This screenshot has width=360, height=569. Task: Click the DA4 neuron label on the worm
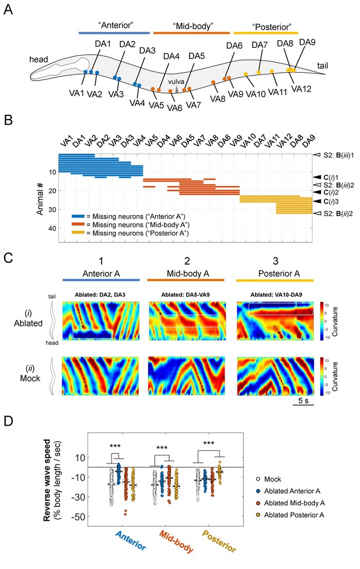pyautogui.click(x=171, y=57)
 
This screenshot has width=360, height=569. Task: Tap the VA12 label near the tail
pyautogui.click(x=301, y=89)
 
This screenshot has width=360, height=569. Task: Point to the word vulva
pyautogui.click(x=176, y=82)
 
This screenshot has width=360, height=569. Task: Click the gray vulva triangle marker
pyautogui.click(x=176, y=89)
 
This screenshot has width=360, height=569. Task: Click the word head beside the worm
pyautogui.click(x=39, y=59)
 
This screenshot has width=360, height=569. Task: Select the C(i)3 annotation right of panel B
pyautogui.click(x=331, y=201)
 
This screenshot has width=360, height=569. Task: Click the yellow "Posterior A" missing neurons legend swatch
pyautogui.click(x=78, y=233)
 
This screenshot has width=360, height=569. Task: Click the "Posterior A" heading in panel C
pyautogui.click(x=279, y=273)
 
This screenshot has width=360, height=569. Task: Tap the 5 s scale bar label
pyautogui.click(x=303, y=401)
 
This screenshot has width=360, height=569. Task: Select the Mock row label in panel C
pyautogui.click(x=30, y=378)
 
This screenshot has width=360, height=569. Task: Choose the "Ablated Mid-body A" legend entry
pyautogui.click(x=294, y=503)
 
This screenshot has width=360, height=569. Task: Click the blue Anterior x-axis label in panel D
pyautogui.click(x=131, y=540)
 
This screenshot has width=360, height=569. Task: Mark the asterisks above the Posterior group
pyautogui.click(x=208, y=444)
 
